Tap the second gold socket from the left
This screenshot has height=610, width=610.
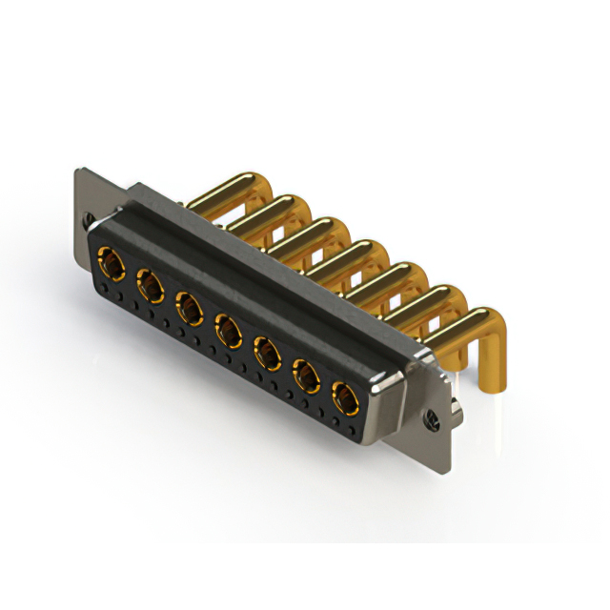tap(150, 284)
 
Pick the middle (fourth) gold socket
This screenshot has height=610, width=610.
tap(228, 332)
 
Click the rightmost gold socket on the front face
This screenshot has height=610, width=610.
tap(345, 396)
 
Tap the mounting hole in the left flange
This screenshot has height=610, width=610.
tap(88, 218)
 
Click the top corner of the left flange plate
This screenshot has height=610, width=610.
tap(79, 172)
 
